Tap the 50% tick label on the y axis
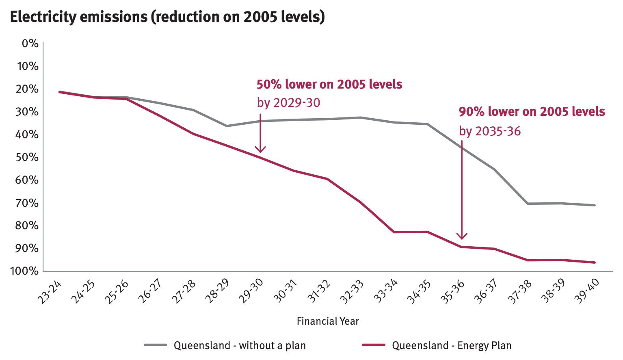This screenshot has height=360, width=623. [27, 157]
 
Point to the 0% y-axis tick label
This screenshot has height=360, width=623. [30, 43]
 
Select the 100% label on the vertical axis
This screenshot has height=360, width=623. [24, 271]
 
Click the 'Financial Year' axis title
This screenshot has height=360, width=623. [328, 321]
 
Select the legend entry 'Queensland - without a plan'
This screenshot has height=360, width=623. [240, 345]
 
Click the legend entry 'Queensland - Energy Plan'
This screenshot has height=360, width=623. [452, 345]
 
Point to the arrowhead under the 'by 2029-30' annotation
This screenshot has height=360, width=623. [260, 150]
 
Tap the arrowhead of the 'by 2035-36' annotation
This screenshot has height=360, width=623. [462, 236]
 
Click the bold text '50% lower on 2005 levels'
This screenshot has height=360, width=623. [329, 85]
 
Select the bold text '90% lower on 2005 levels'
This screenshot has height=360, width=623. [532, 112]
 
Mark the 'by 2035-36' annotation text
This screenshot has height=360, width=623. [490, 131]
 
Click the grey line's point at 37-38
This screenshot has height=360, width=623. [528, 204]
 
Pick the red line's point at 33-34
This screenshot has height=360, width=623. [394, 232]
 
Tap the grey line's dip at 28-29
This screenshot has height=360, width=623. [227, 126]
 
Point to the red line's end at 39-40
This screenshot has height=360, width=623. [595, 262]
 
